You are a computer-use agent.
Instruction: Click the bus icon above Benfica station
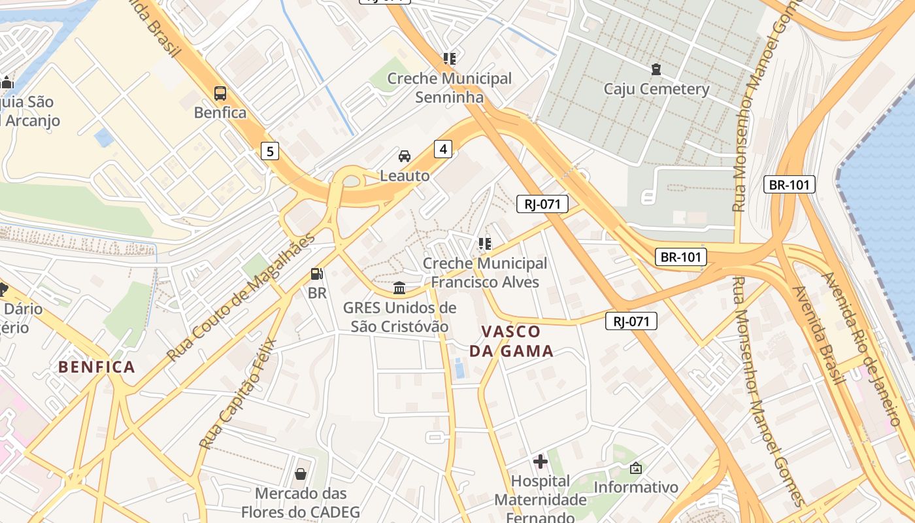pyautogui.click(x=220, y=93)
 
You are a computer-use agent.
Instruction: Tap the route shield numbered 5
pyautogui.click(x=270, y=152)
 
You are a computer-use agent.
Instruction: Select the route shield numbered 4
pyautogui.click(x=443, y=149)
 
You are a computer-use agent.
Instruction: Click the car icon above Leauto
pyautogui.click(x=405, y=156)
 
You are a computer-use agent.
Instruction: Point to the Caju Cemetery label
pyautogui.click(x=656, y=89)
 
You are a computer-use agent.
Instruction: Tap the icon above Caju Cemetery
pyautogui.click(x=656, y=69)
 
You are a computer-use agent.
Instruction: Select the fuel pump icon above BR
pyautogui.click(x=317, y=274)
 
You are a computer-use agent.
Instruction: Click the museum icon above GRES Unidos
pyautogui.click(x=399, y=288)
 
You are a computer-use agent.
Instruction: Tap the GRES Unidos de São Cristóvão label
pyautogui.click(x=399, y=317)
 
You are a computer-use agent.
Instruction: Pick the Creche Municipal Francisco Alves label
pyautogui.click(x=485, y=273)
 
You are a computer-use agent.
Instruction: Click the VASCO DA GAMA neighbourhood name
pyautogui.click(x=511, y=341)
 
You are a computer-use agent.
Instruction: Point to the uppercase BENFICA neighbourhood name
pyautogui.click(x=97, y=367)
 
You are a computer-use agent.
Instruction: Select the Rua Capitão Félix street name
pyautogui.click(x=238, y=394)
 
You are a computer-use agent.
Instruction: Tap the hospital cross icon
pyautogui.click(x=541, y=462)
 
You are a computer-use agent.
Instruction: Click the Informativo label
pyautogui.click(x=636, y=487)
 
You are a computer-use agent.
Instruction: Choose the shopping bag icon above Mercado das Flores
pyautogui.click(x=301, y=473)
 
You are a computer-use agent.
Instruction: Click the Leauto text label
pyautogui.click(x=405, y=176)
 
